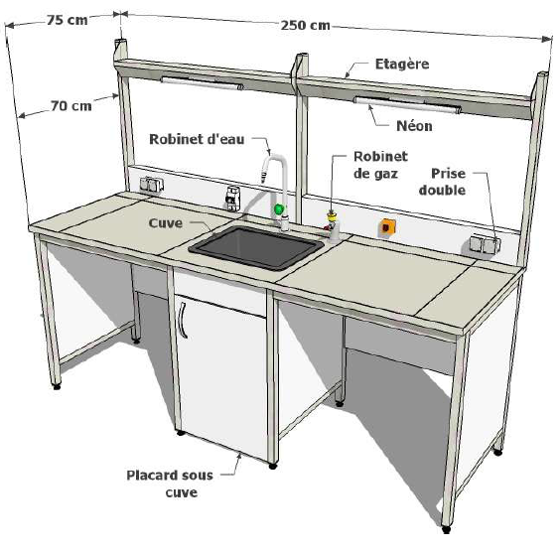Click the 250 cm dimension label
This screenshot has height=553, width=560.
(305, 26)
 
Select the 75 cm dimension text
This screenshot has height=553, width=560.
(68, 20)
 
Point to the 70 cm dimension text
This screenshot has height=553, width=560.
(71, 106)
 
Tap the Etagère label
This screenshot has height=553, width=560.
(402, 65)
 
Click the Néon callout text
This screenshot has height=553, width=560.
(414, 126)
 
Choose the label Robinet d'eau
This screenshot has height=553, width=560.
(197, 139)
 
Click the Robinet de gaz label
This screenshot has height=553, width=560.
(380, 165)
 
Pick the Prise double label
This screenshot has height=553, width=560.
(443, 182)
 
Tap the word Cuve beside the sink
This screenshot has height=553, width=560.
(166, 223)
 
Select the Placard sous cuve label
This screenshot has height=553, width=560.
(170, 484)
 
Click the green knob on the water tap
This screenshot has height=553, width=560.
(279, 208)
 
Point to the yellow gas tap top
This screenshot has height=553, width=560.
(332, 215)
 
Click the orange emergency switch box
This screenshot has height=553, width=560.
(387, 227)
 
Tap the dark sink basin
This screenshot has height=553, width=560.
(256, 247)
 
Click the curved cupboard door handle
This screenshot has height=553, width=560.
(183, 320)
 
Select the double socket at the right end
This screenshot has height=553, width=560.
(485, 244)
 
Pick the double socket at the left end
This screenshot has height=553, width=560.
(152, 185)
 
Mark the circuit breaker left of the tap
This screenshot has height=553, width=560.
(231, 200)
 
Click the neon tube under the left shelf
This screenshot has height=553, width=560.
(203, 83)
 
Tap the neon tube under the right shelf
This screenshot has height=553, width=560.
(407, 105)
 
